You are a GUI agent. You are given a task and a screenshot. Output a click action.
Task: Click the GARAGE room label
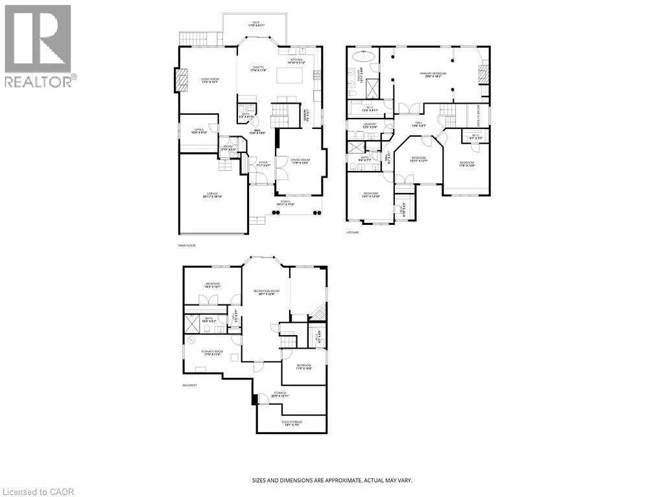[x=212, y=194]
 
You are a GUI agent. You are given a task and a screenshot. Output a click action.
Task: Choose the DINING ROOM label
[x=300, y=161]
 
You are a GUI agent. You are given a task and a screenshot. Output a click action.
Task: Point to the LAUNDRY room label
[x=370, y=126]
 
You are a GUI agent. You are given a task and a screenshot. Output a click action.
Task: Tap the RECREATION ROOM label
[x=265, y=292]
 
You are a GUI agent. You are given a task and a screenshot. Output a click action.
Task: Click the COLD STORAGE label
[x=292, y=423]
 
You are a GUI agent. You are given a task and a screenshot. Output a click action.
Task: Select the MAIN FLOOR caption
[x=186, y=246]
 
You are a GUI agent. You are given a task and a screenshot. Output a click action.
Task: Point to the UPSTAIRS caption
[x=353, y=232]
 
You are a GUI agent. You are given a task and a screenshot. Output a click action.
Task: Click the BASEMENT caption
[x=189, y=385]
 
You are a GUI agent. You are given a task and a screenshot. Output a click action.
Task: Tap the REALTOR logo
[x=38, y=45]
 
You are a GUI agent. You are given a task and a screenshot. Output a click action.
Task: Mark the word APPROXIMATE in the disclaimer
[x=335, y=480]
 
